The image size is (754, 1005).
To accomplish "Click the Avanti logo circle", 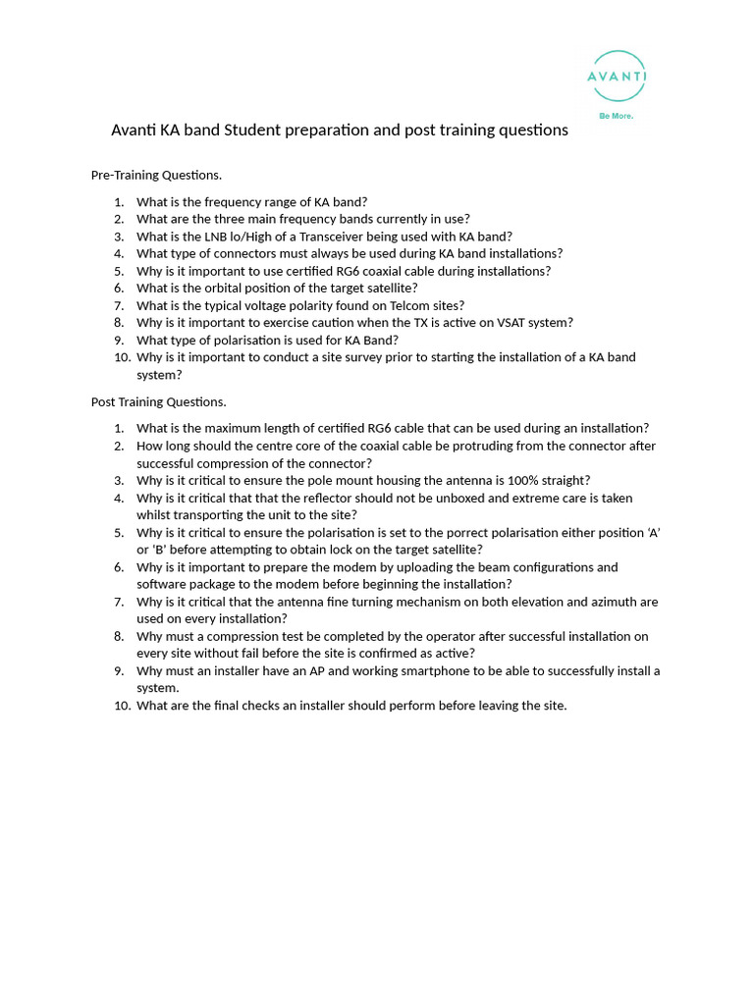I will [x=617, y=77].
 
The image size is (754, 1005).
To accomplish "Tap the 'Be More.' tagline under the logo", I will [x=617, y=116].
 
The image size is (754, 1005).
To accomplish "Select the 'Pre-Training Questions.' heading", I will [x=156, y=175].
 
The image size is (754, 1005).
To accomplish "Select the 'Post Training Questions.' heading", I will [x=158, y=401].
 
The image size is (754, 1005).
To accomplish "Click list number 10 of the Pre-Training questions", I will [x=122, y=357].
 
